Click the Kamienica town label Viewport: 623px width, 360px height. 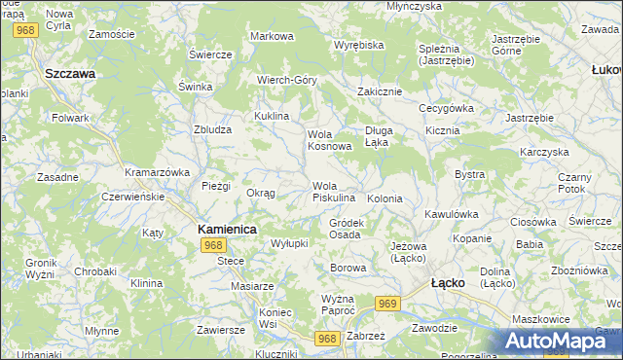(227, 229)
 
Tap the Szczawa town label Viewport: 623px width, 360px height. (69, 73)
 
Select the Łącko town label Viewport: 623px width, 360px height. (448, 282)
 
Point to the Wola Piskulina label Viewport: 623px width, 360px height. (333, 192)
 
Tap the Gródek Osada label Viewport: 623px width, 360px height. (346, 229)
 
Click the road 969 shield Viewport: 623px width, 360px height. (388, 305)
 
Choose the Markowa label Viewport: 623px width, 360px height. (272, 36)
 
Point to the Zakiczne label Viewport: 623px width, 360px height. (380, 91)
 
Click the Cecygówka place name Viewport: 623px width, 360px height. (446, 108)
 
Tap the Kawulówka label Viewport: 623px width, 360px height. (453, 213)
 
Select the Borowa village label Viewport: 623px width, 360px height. (348, 268)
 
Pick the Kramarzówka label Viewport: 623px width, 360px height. (157, 171)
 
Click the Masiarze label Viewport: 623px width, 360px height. (252, 286)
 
